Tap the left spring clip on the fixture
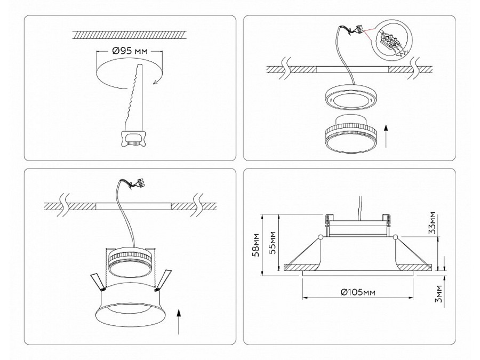click(97, 281)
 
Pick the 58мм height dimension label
click(257, 245)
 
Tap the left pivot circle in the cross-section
click(319, 237)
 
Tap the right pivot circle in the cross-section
click(395, 237)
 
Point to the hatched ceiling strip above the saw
click(130, 35)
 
